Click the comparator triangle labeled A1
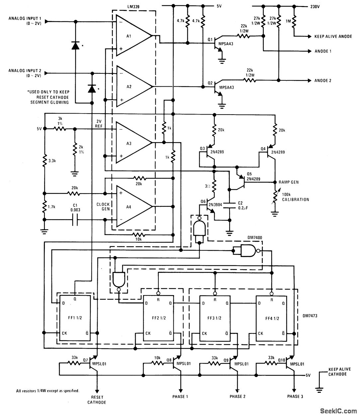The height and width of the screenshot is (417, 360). click(x=131, y=36)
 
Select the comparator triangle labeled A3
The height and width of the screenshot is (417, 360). click(x=131, y=143)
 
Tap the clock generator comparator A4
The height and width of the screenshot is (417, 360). click(x=131, y=206)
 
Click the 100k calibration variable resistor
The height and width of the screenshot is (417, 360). click(x=275, y=199)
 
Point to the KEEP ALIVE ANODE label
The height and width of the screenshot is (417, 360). click(x=333, y=36)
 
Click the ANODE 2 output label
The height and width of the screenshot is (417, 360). click(x=323, y=81)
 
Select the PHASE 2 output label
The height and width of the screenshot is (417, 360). click(x=237, y=396)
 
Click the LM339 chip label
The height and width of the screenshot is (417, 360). click(x=134, y=6)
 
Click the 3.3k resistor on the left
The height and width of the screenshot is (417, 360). click(x=44, y=162)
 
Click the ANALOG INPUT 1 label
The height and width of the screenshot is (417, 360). click(x=25, y=20)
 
